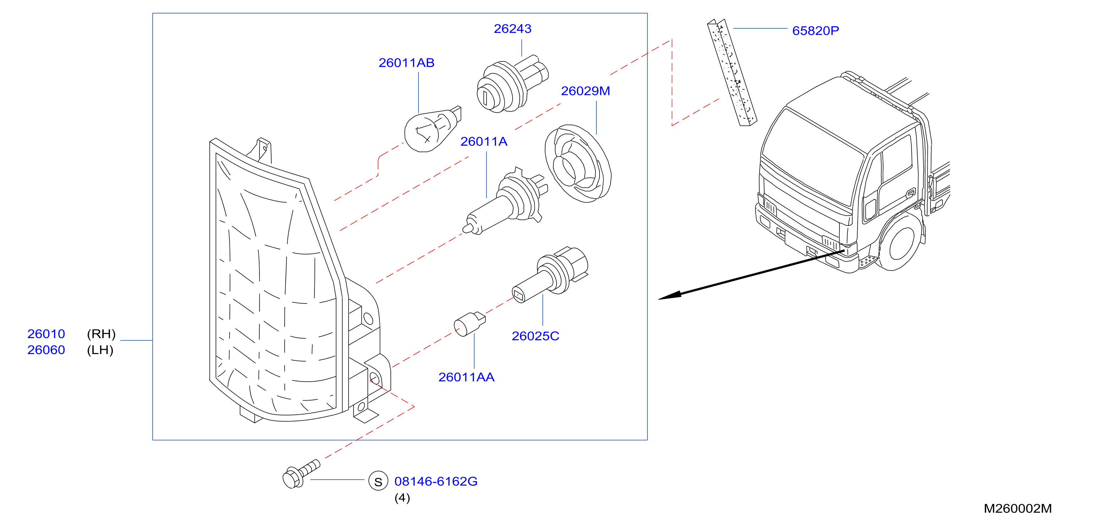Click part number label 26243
point(512,29)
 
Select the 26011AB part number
point(406,63)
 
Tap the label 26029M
point(585,91)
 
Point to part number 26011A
point(484,141)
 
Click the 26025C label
point(535,336)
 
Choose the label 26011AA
point(466,377)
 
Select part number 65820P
point(815,30)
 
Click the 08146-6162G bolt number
point(436,481)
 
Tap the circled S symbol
point(378,481)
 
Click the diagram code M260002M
point(1018,508)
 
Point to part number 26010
point(46,334)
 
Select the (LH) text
point(100,350)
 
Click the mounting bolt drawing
point(301,475)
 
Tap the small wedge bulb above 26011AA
point(469,324)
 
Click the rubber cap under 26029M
point(578,163)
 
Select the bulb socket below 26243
point(512,84)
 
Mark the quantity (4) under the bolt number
point(402,498)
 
